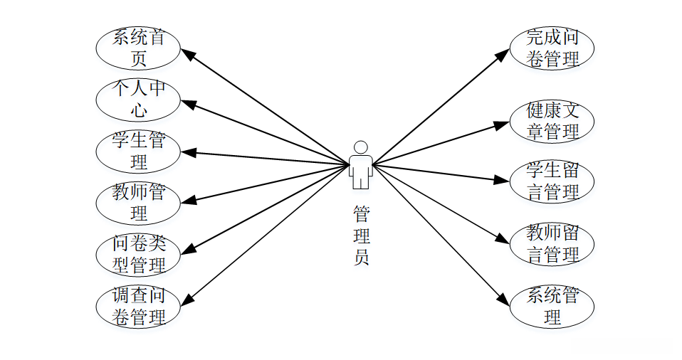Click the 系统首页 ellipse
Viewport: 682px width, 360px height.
point(138,48)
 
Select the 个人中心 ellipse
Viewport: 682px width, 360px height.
point(138,100)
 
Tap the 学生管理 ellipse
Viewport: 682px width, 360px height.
point(138,152)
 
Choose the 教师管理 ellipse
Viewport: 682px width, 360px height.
point(138,203)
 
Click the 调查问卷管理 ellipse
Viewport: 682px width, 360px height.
point(138,307)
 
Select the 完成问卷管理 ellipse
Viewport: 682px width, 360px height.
point(552,48)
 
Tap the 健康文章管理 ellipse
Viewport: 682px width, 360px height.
point(552,121)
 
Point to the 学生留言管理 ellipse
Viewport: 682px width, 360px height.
point(552,181)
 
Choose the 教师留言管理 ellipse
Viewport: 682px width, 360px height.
point(552,243)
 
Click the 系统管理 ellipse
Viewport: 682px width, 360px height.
point(552,306)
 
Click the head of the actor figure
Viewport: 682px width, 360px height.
point(361,147)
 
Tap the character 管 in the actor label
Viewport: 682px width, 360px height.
point(361,213)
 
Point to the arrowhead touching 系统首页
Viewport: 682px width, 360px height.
point(187,53)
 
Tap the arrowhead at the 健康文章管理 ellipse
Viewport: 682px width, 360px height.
point(503,125)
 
